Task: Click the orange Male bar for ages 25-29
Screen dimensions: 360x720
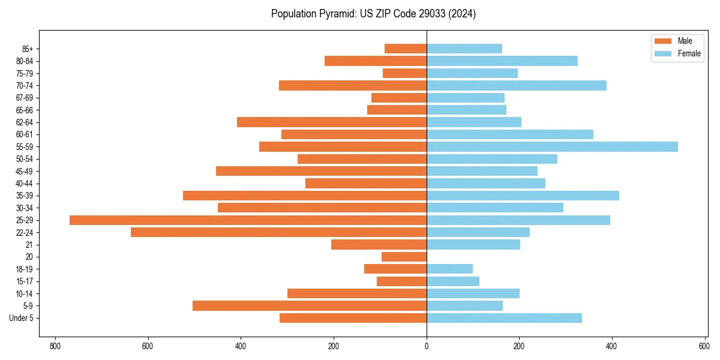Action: point(248,220)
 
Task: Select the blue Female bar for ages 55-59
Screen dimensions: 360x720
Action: point(552,147)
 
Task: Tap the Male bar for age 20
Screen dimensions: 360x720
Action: point(404,257)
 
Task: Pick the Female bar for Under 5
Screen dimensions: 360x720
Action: point(504,318)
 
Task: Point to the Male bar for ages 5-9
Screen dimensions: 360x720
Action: point(310,306)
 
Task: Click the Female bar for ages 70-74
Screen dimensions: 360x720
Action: point(517,86)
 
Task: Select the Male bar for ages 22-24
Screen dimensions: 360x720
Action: point(278,232)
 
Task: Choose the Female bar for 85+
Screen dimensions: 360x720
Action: point(464,49)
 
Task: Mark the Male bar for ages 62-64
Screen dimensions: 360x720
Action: point(332,122)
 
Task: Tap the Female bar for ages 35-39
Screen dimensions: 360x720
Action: point(523,196)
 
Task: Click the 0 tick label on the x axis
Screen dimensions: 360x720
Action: point(427,346)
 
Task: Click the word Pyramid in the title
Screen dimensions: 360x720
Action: point(337,14)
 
